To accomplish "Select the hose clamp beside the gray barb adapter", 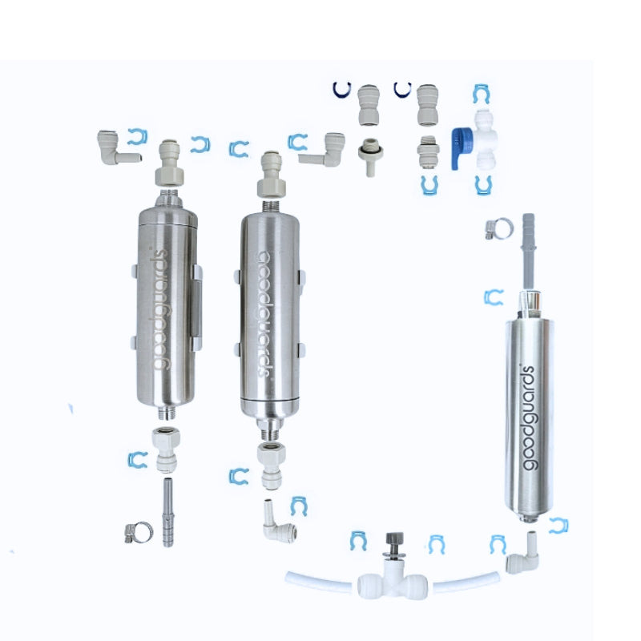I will [498, 231].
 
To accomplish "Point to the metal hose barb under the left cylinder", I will [168, 512].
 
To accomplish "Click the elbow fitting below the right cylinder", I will [523, 554].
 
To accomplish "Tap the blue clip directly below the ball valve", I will [482, 186].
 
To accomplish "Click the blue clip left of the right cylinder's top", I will [494, 298].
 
